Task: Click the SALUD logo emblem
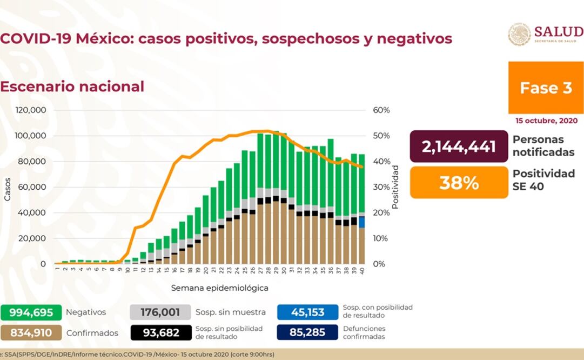[519, 35]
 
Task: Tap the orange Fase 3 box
[546, 88]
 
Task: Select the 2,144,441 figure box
[459, 146]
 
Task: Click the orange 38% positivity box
[459, 183]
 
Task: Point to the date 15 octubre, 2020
[545, 121]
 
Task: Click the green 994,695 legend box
[30, 312]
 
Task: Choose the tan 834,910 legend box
[30, 333]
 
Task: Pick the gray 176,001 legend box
[160, 312]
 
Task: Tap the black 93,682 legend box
[160, 333]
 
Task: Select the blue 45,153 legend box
[307, 312]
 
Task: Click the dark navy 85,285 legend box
[307, 333]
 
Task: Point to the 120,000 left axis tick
[31, 110]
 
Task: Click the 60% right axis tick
[381, 110]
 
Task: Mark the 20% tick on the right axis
[381, 212]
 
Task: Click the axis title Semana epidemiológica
[220, 288]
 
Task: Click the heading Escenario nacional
[72, 86]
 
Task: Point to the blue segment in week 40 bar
[361, 222]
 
